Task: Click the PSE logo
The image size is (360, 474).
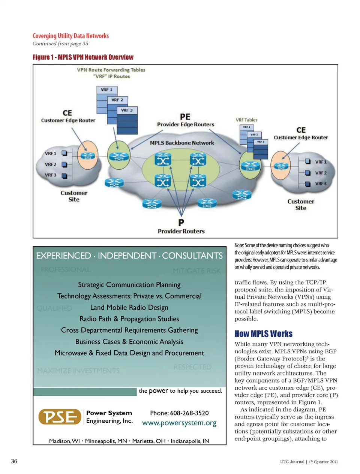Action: tap(60, 417)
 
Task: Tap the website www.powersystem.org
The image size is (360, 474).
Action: tap(179, 423)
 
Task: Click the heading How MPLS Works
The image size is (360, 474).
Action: tap(263, 334)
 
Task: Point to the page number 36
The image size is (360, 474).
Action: tap(14, 461)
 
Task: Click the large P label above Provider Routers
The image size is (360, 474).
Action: tap(181, 223)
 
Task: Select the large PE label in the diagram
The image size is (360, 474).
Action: tap(185, 117)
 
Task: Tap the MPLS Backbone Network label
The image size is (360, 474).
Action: tap(182, 143)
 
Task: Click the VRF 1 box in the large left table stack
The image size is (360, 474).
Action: tap(106, 90)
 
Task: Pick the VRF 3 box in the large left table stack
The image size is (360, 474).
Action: tap(127, 110)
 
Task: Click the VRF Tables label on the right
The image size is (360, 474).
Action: tap(246, 120)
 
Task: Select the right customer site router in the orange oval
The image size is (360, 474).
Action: tap(281, 166)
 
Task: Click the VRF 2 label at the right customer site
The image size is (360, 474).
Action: tap(321, 173)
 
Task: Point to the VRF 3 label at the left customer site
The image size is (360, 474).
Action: tap(50, 175)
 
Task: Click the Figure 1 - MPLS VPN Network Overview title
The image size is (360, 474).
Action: tap(83, 57)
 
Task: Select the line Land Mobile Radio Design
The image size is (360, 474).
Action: tap(129, 308)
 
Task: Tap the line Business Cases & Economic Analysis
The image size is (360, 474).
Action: tap(129, 342)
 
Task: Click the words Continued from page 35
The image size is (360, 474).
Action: tap(60, 44)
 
